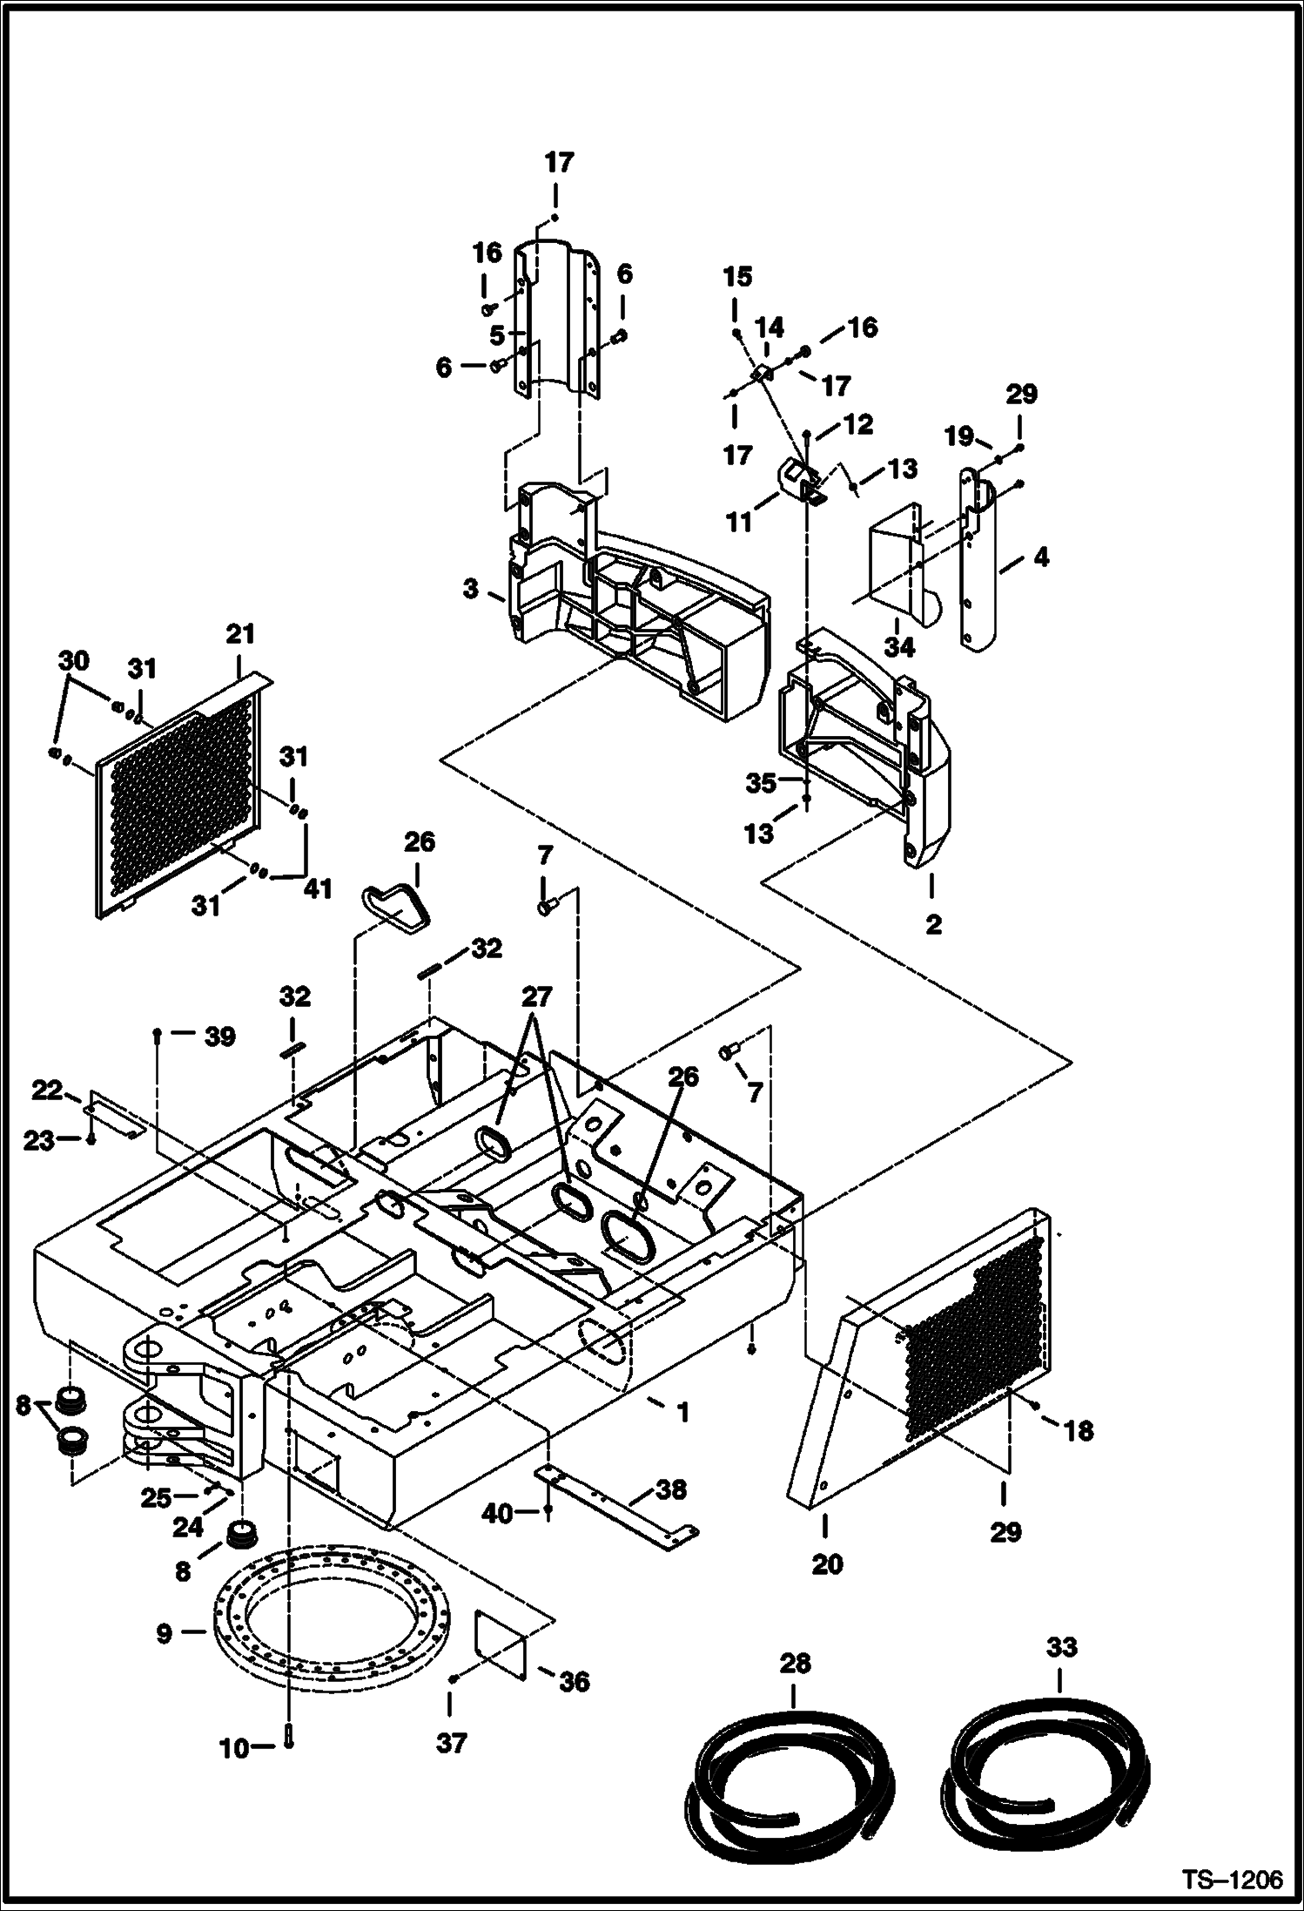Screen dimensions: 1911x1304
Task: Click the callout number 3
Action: coord(471,589)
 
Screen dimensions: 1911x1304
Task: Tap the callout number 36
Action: coord(575,1682)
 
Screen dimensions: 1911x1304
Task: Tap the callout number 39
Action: coord(219,1037)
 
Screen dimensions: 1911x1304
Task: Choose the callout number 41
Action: coord(319,888)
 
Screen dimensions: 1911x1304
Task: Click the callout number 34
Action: coord(899,647)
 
